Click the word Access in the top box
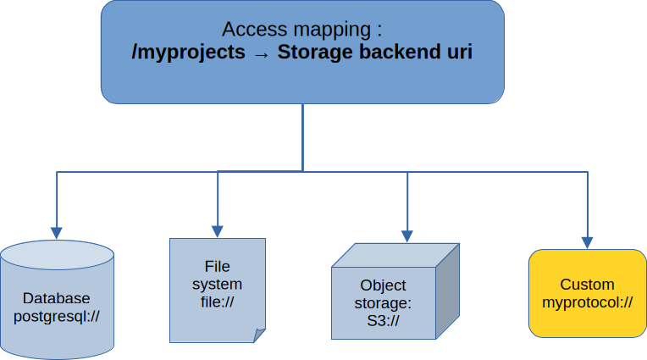[255, 30]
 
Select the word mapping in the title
[332, 30]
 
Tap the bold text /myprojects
[188, 53]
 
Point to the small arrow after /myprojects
[261, 54]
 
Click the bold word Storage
[315, 53]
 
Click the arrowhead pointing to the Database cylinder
[57, 233]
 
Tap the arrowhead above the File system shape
[218, 231]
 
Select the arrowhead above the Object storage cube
[407, 236]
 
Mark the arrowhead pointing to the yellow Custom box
[587, 243]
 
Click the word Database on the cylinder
[57, 298]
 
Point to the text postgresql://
[57, 317]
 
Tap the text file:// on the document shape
[218, 302]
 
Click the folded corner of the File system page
[259, 335]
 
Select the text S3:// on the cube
[384, 321]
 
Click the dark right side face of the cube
[448, 291]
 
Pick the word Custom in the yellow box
[587, 285]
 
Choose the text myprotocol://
[587, 302]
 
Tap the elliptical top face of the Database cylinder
[57, 255]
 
